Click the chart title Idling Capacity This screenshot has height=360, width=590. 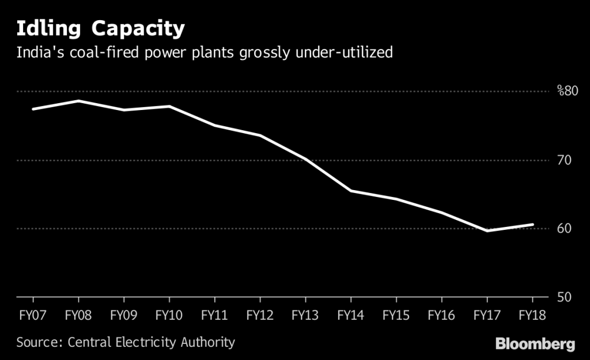click(x=101, y=28)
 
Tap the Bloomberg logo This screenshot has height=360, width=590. click(x=535, y=344)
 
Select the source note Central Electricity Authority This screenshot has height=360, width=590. click(x=126, y=342)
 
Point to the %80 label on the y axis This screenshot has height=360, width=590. click(x=567, y=91)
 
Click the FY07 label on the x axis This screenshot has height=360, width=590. click(x=32, y=315)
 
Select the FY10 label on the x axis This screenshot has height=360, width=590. click(x=169, y=315)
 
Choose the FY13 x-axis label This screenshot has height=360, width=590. click(x=305, y=315)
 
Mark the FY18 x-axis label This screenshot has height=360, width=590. click(x=532, y=315)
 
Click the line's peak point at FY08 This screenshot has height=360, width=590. click(x=78, y=101)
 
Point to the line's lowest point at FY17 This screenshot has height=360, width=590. click(x=487, y=230)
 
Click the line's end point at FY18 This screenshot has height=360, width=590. click(x=532, y=225)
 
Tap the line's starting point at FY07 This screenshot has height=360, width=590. click(x=32, y=109)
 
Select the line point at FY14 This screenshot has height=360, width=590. click(x=350, y=191)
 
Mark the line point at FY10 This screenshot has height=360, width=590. click(x=169, y=106)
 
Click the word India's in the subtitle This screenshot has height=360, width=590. click(x=37, y=53)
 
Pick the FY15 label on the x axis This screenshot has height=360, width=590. click(x=396, y=315)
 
